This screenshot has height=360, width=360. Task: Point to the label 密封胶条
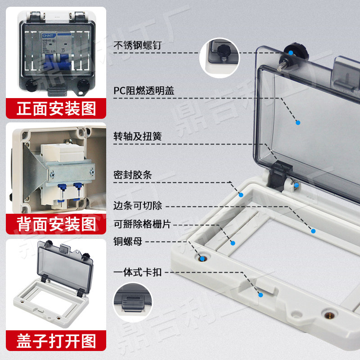pyautogui.click(x=132, y=175)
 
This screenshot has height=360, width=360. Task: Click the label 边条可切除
pyautogui.click(x=137, y=206)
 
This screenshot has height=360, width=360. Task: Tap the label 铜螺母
pyautogui.click(x=128, y=242)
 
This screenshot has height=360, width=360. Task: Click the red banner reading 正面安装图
pyautogui.click(x=56, y=108)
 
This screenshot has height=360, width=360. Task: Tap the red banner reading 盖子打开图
pyautogui.click(x=56, y=341)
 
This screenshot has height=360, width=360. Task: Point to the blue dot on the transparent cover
pyautogui.click(x=297, y=122)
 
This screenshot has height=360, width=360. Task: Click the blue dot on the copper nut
pyautogui.click(x=202, y=258)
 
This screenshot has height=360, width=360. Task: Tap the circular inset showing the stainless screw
pyautogui.click(x=220, y=56)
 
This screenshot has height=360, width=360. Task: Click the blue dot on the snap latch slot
pyautogui.click(x=260, y=295)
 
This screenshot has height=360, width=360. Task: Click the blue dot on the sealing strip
pyautogui.click(x=241, y=194)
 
